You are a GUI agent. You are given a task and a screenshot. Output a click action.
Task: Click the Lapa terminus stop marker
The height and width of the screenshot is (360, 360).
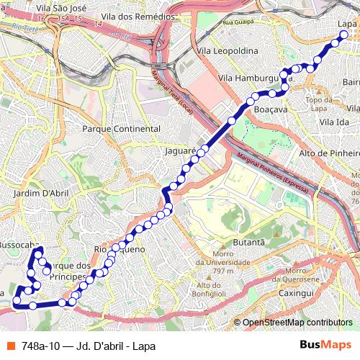[x=343, y=34]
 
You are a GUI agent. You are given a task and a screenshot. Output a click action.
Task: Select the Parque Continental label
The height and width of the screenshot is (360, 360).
[x=121, y=129]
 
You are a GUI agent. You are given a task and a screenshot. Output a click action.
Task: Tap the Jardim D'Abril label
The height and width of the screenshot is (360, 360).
[x=40, y=193]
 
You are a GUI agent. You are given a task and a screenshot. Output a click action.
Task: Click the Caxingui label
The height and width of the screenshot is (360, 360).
[x=297, y=294]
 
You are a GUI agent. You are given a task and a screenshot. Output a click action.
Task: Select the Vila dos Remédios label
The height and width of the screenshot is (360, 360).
[x=139, y=15]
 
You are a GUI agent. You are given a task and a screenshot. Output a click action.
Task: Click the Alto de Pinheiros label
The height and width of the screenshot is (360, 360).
[x=328, y=153]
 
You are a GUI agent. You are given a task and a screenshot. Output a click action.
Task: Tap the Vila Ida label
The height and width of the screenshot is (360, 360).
[x=333, y=123]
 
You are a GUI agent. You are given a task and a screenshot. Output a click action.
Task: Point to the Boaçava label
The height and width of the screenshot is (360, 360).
[x=271, y=109]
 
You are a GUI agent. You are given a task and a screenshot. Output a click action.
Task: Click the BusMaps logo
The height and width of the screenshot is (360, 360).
[x=325, y=346]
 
